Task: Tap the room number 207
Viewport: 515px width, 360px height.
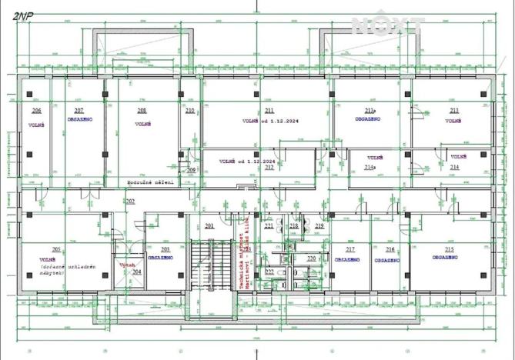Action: coord(79,111)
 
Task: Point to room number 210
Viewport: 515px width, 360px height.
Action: coord(190,111)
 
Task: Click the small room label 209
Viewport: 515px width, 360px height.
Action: coord(192,169)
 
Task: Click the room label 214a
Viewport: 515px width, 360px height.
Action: coord(370,167)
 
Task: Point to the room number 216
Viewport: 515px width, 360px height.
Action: coord(390,250)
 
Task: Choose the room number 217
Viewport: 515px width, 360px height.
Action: coord(350,250)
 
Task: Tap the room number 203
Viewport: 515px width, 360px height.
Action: coord(165,250)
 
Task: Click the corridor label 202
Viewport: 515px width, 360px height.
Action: coord(130,201)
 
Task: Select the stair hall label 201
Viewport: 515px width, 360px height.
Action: coord(209,226)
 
